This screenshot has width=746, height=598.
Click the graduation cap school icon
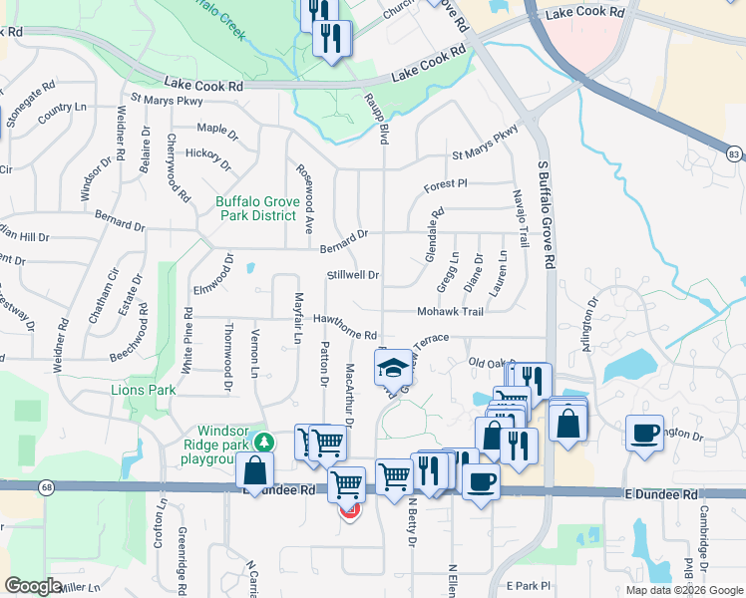tap(394, 368)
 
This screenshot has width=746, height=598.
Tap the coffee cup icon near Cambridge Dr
tap(644, 433)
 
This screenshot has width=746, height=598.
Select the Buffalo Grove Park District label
tap(256, 208)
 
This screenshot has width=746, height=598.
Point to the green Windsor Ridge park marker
tap(264, 441)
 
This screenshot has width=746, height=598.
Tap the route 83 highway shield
tap(734, 153)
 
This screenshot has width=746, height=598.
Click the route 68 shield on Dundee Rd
tap(46, 486)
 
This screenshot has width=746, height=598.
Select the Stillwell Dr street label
tap(353, 275)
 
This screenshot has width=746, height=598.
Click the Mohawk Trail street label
tap(450, 312)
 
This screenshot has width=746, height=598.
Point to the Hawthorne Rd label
tap(345, 327)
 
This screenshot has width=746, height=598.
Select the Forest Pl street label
tap(445, 184)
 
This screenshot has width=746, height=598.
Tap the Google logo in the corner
tap(33, 585)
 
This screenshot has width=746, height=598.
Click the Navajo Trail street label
tap(520, 218)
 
